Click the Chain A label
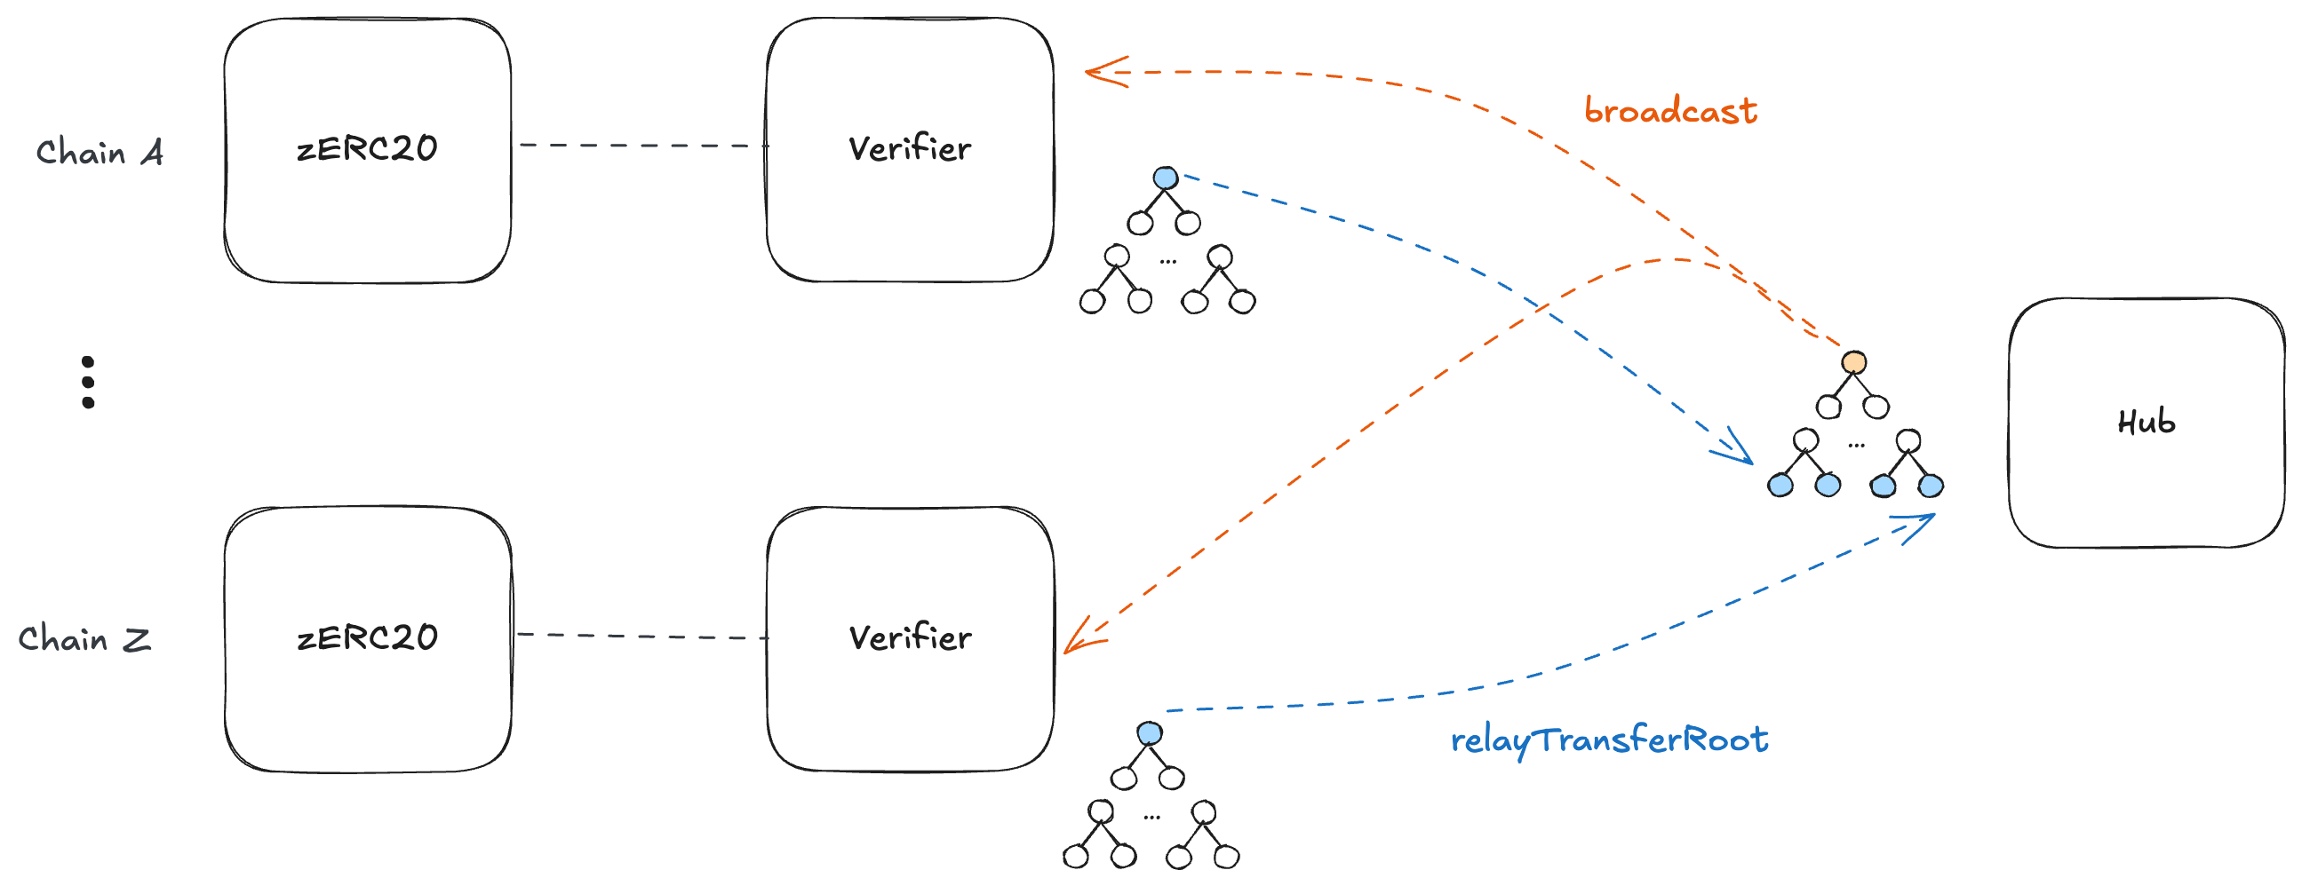pyautogui.click(x=100, y=153)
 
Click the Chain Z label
pyautogui.click(x=85, y=639)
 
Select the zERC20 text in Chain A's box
pyautogui.click(x=367, y=148)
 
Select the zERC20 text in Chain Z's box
pyautogui.click(x=367, y=637)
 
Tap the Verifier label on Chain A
pyautogui.click(x=910, y=148)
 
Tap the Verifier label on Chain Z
pyautogui.click(x=910, y=637)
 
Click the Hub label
pyautogui.click(x=2146, y=422)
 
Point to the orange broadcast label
pyautogui.click(x=1670, y=112)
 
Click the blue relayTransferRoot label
pyautogui.click(x=1608, y=740)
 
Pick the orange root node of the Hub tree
pyautogui.click(x=1853, y=361)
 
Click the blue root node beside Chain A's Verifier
pyautogui.click(x=1166, y=178)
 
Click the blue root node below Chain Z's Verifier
pyautogui.click(x=1149, y=733)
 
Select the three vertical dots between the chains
pyautogui.click(x=88, y=383)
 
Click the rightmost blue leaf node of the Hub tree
pyautogui.click(x=1931, y=486)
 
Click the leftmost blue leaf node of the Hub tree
pyautogui.click(x=1780, y=486)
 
